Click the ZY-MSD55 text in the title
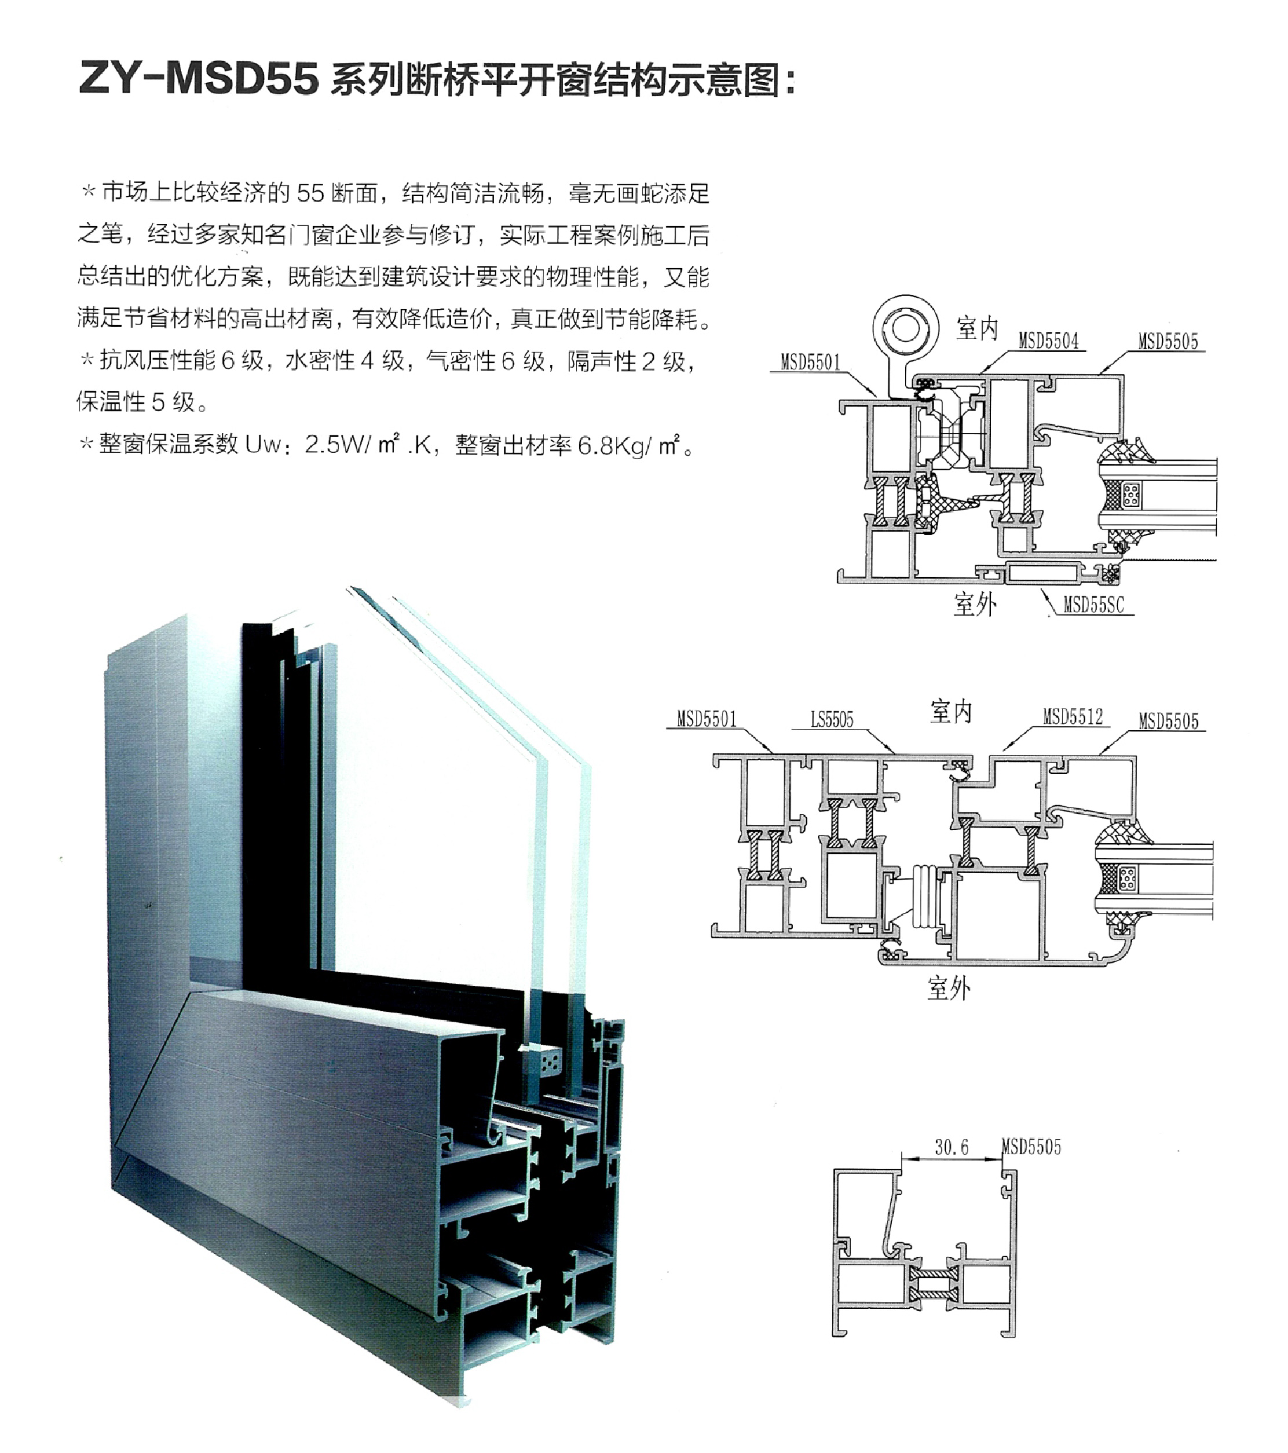point(199,78)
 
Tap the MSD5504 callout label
point(1048,341)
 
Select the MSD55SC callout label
point(1093,605)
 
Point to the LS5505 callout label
point(832,719)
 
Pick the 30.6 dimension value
point(951,1147)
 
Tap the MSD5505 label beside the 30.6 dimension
point(1031,1147)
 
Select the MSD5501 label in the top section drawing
point(810,363)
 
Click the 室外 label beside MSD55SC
point(975,604)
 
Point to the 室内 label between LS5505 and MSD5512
point(950,712)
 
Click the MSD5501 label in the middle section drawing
point(706,719)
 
